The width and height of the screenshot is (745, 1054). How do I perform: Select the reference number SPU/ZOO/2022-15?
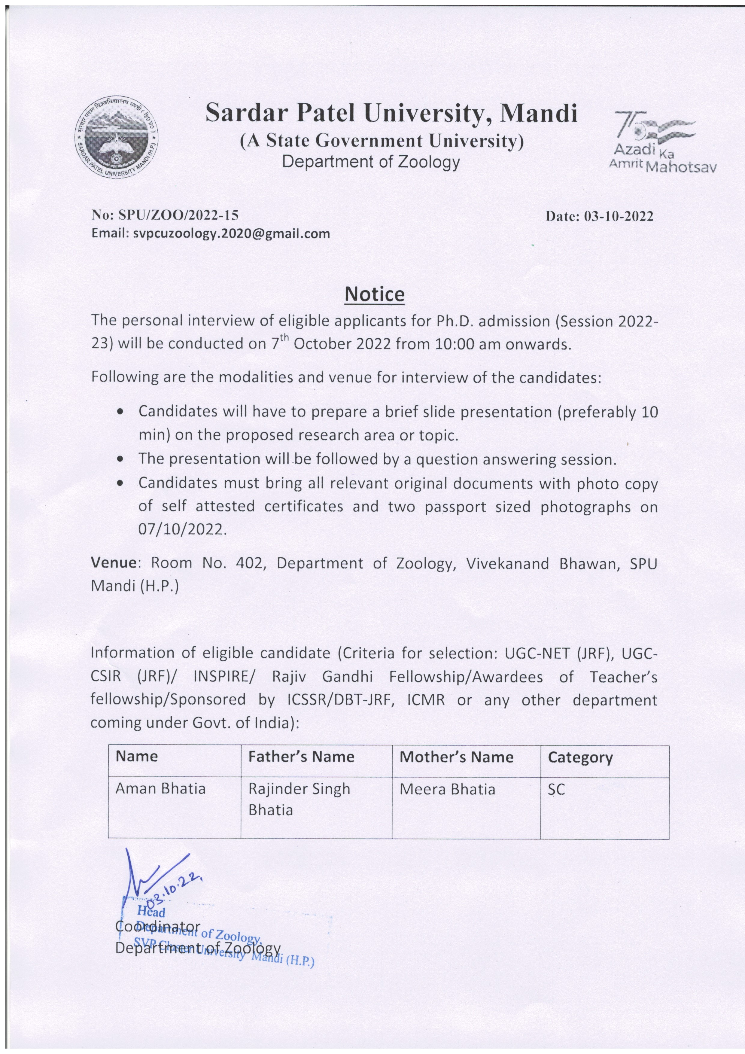[x=178, y=215]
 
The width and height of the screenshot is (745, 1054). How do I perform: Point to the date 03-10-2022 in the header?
[x=618, y=216]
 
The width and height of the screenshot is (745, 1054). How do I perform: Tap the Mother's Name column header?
[x=456, y=757]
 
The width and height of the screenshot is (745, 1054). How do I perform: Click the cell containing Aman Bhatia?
[x=161, y=789]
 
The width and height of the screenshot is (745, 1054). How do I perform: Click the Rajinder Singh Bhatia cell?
[x=299, y=799]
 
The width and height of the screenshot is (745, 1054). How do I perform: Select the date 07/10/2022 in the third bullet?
[x=182, y=530]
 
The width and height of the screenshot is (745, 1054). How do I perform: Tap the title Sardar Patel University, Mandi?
[x=391, y=112]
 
